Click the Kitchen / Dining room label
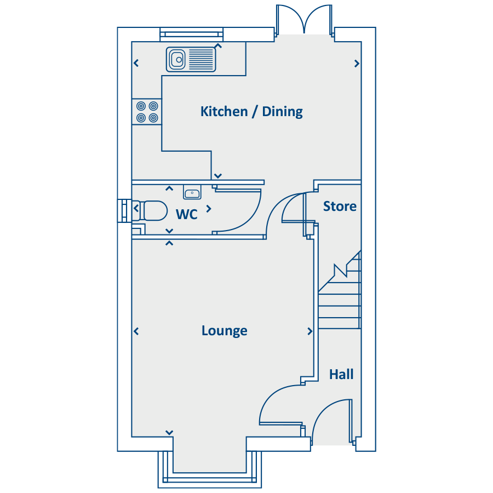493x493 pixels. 251,112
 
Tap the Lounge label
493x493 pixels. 224,331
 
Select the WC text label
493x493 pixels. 187,214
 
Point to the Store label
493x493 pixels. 340,207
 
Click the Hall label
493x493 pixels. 341,375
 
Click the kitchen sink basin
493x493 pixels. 177,59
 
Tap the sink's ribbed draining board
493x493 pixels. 201,59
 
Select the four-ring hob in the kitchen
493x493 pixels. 147,112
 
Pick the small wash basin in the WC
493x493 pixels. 192,192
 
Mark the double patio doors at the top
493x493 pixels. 304,19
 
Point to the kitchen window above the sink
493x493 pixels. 192,35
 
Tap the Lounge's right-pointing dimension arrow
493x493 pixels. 309,331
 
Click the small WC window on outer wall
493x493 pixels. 124,211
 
